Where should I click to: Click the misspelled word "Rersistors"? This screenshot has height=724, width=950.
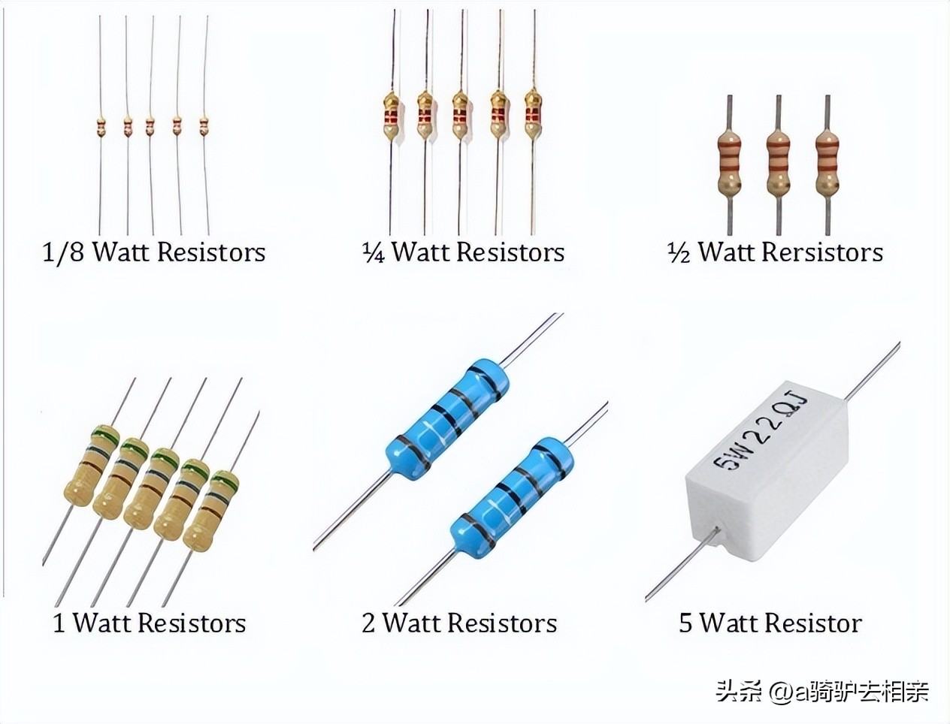coord(822,252)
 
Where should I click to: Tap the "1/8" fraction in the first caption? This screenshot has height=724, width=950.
coord(63,252)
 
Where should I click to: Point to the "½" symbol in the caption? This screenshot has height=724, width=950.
coord(679,252)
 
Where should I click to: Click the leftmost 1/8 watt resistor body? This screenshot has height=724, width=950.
coord(101,127)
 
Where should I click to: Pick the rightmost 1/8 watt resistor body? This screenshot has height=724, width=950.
coord(204,127)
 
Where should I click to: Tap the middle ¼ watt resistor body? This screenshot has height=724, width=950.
coord(460,116)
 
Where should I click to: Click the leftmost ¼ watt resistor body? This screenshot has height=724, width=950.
coord(392,116)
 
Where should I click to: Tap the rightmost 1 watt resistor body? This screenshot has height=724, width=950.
coord(211,511)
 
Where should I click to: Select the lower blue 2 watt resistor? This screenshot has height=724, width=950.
coord(512,495)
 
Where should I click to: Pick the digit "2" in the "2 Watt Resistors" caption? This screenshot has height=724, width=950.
coord(368,623)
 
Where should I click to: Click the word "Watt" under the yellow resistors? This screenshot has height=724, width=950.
coord(102,623)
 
